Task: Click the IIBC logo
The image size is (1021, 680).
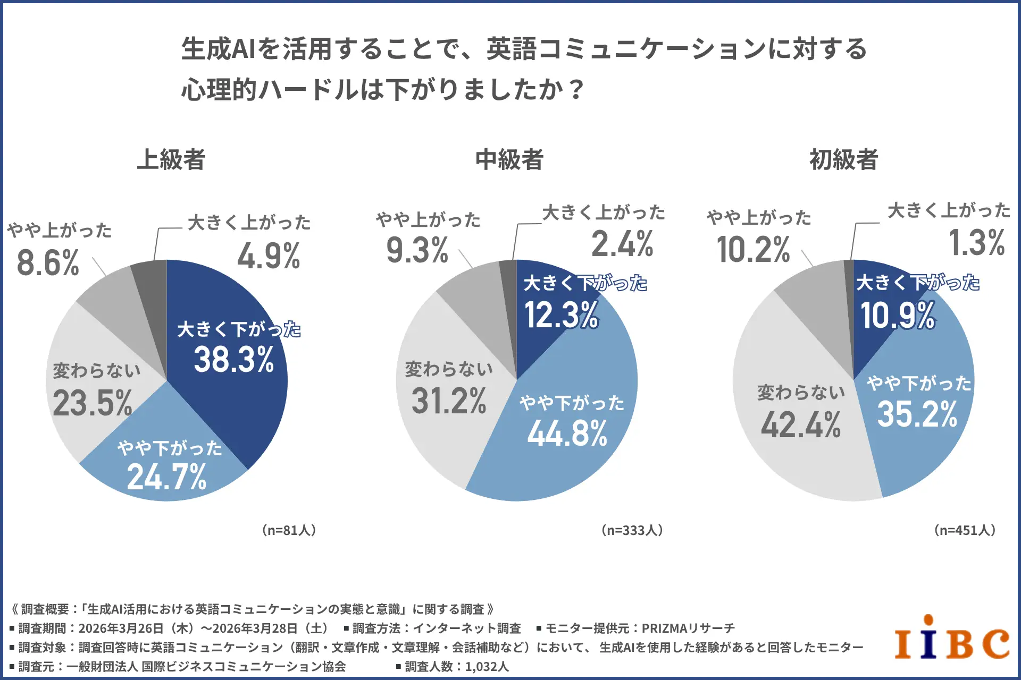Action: [x=952, y=637]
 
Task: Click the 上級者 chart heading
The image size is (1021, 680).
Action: [x=171, y=159]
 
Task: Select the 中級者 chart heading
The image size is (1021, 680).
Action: [x=509, y=159]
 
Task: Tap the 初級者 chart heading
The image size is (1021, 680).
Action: [x=844, y=159]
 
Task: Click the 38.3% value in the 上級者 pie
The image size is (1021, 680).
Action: [x=234, y=360]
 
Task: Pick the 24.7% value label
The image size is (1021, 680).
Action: [x=167, y=477]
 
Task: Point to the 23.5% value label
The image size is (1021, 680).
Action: [x=93, y=403]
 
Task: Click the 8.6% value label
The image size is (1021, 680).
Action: [x=48, y=262]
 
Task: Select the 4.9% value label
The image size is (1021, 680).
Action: [x=269, y=256]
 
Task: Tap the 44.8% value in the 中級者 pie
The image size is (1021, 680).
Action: [x=567, y=433]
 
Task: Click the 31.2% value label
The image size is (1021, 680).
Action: [x=449, y=401]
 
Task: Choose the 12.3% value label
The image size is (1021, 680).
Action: [x=562, y=314]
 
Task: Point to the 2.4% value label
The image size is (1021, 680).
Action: [x=622, y=244]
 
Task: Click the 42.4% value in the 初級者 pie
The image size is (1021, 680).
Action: [x=801, y=425]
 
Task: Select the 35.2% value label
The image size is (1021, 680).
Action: [x=917, y=414]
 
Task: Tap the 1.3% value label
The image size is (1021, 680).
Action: [x=977, y=242]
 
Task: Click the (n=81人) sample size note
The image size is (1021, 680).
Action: [x=289, y=530]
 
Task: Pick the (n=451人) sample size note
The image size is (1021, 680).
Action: [x=965, y=530]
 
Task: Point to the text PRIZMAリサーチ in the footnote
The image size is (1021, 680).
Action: [x=688, y=628]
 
